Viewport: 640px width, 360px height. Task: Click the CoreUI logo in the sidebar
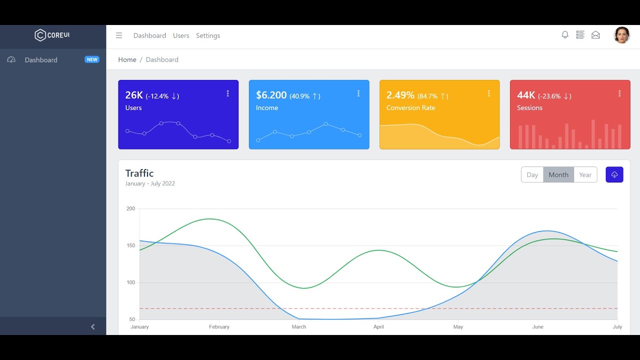point(52,35)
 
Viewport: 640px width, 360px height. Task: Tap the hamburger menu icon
point(119,35)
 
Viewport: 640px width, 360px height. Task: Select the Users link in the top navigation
point(181,35)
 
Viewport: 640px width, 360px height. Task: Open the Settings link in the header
point(208,35)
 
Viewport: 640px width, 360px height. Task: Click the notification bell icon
point(565,35)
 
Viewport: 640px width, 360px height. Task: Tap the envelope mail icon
point(595,35)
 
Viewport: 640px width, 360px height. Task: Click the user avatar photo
point(621,35)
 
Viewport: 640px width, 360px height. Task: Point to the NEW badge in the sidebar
point(92,59)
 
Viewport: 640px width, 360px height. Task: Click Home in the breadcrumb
point(127,59)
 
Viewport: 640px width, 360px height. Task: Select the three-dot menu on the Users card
point(227,93)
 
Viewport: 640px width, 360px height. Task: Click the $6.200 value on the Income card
point(271,95)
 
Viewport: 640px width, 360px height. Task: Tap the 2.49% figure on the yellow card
point(400,95)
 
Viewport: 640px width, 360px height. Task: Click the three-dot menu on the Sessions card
point(619,93)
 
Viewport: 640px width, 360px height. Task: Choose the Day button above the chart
point(532,174)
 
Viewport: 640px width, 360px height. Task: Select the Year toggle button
point(585,174)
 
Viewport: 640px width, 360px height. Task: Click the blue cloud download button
point(614,174)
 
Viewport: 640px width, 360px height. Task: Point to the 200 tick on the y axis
point(130,208)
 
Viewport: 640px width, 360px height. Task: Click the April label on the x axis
point(378,327)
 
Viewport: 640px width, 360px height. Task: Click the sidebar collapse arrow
point(92,326)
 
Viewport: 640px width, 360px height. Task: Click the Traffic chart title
point(139,173)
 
